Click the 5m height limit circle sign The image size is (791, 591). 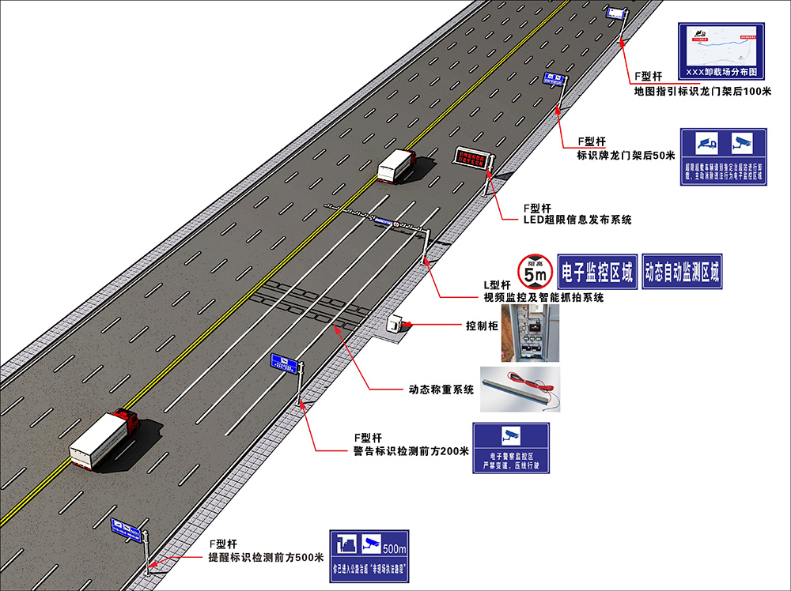click(x=532, y=271)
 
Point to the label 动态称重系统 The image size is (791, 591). click(x=441, y=389)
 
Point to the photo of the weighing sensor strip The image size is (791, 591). click(x=522, y=389)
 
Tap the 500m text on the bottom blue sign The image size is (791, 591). click(x=394, y=548)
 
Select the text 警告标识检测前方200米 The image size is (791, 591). click(x=411, y=451)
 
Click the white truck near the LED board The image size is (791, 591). click(x=395, y=165)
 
